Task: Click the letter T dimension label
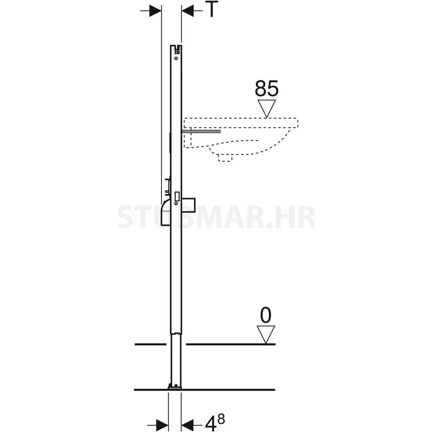point(212,9)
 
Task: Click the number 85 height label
point(266,88)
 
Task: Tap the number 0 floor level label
point(266,315)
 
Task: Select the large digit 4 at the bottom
point(211,423)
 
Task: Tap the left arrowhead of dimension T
point(155,11)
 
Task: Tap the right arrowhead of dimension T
point(188,11)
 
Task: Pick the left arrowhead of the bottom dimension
point(162,424)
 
